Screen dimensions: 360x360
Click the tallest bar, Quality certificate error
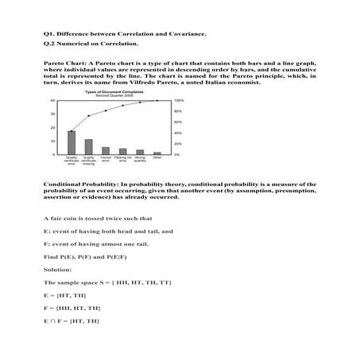pyautogui.click(x=72, y=142)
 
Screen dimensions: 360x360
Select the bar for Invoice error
pyautogui.click(x=106, y=150)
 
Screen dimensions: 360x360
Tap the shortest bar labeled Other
pyautogui.click(x=157, y=153)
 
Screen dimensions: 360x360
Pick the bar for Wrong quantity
pyautogui.click(x=140, y=152)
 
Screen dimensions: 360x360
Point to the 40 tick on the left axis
pyautogui.click(x=52, y=101)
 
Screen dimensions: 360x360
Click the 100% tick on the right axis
pyautogui.click(x=179, y=101)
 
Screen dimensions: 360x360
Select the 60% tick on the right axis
pyautogui.click(x=179, y=122)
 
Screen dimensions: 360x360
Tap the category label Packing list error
pyautogui.click(x=122, y=161)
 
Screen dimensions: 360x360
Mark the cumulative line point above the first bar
pyautogui.click(x=72, y=130)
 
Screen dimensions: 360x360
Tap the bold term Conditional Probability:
pyautogui.click(x=81, y=184)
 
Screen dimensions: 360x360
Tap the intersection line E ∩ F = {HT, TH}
pyautogui.click(x=72, y=319)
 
